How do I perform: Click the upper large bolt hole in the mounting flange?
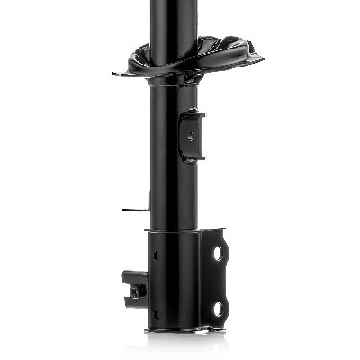coord(217,255)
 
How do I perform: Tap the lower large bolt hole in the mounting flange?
coord(217,309)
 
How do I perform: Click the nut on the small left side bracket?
coord(135,292)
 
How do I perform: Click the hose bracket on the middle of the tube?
coord(191,134)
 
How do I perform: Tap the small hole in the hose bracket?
coord(190,136)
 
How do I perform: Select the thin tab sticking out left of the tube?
coord(133,210)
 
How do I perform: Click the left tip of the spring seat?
coord(118,74)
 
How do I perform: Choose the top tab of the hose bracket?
coord(192,113)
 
